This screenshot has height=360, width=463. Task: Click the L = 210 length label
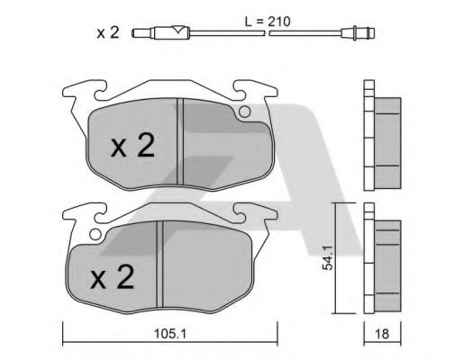pos(268,22)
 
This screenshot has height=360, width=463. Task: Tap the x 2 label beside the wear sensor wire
pos(108,32)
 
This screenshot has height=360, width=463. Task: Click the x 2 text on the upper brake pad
pos(133,146)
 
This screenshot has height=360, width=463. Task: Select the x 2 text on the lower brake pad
pos(113,277)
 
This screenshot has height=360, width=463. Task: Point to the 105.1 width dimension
pos(170,334)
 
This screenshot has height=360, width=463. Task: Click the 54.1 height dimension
pos(328,257)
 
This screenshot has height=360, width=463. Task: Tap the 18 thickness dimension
pos(382,334)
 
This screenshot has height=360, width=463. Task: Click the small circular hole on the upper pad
pos(245,112)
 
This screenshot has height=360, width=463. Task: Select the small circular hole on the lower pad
pos(95,234)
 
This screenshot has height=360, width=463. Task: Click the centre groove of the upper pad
pos(180,141)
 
